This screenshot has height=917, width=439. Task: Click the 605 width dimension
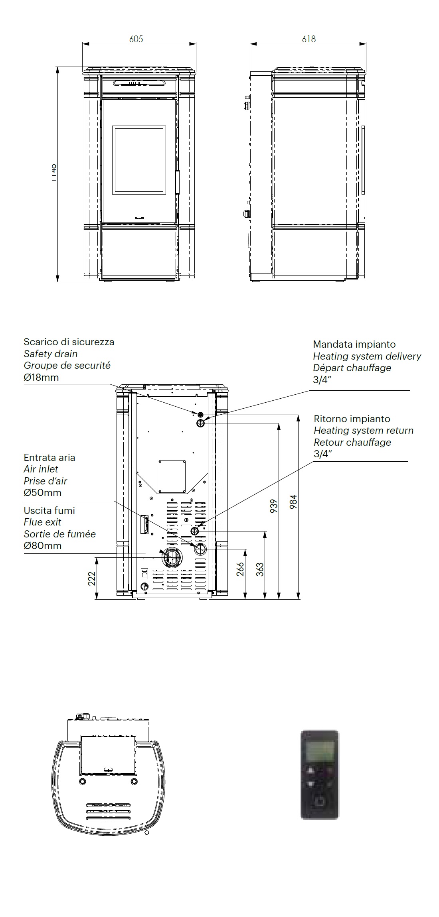click(136, 39)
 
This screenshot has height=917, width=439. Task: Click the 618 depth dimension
click(309, 39)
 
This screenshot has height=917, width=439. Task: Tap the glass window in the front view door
click(139, 160)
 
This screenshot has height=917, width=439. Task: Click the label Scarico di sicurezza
click(69, 342)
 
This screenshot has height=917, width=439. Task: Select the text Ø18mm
click(41, 377)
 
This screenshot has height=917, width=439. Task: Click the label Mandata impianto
click(354, 344)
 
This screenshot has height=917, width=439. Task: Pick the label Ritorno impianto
click(352, 419)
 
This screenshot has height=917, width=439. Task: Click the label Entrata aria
click(49, 458)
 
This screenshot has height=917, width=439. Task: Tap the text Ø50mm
click(42, 493)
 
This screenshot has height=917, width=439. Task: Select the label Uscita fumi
click(49, 511)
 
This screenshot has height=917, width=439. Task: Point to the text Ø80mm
click(42, 546)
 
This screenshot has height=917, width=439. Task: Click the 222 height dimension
click(92, 579)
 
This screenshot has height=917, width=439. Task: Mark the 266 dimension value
click(240, 569)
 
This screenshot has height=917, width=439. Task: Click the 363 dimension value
click(260, 569)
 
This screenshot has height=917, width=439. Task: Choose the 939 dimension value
click(274, 506)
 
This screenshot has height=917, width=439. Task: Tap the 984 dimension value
click(293, 502)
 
